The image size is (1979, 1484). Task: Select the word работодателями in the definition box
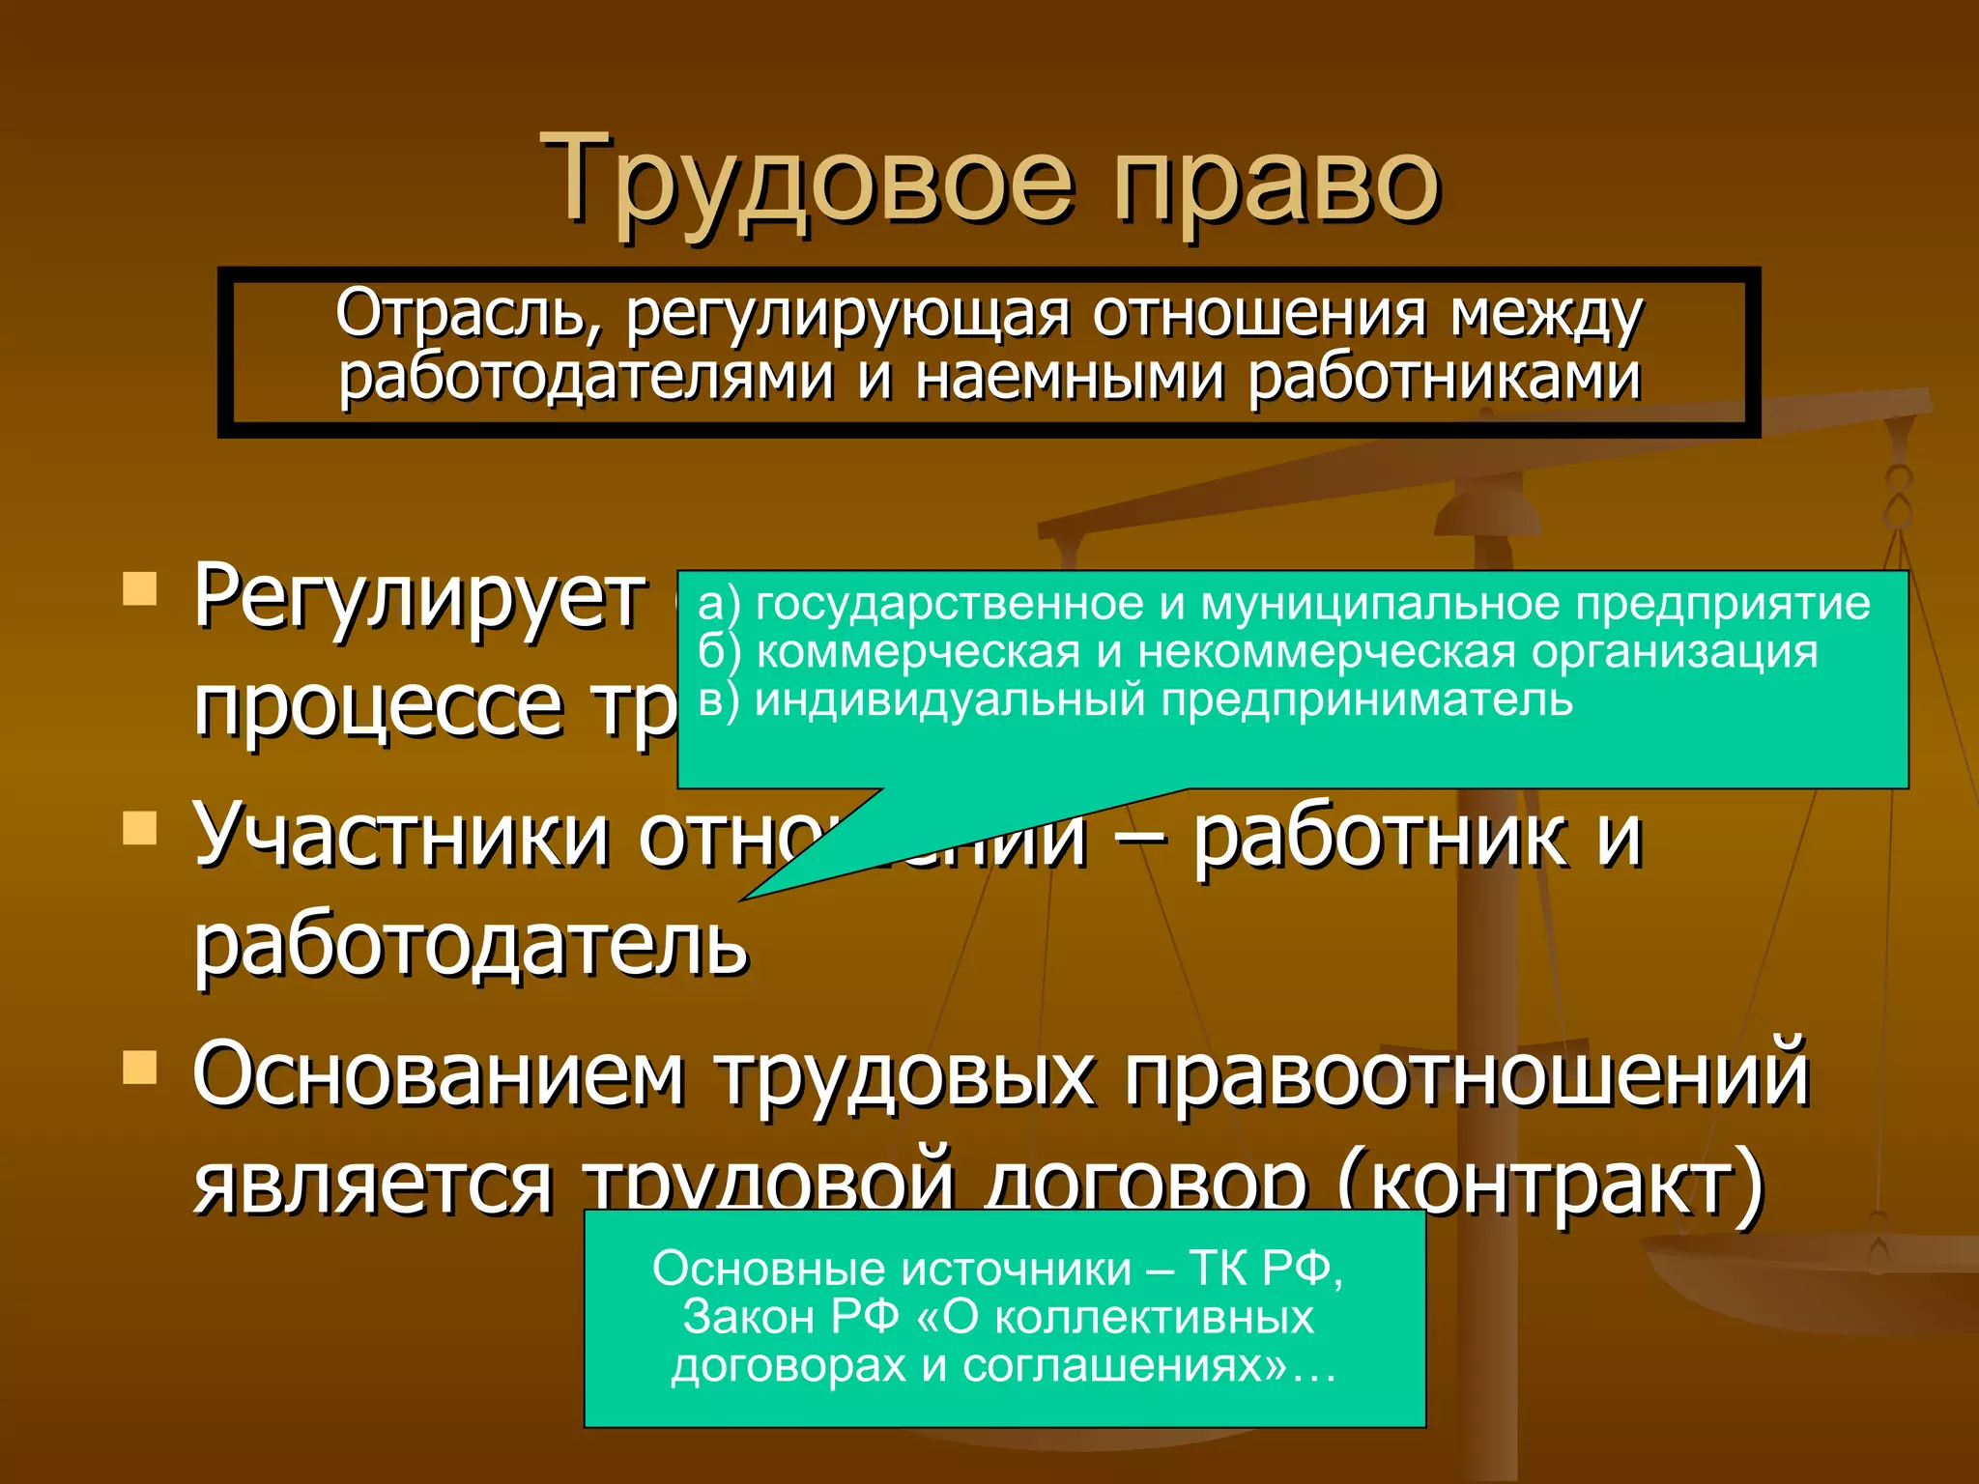click(x=586, y=377)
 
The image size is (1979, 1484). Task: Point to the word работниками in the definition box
click(x=1444, y=377)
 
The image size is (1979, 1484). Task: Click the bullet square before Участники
click(x=140, y=827)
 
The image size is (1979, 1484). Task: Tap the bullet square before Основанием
click(x=140, y=1067)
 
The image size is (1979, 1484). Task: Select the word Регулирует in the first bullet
click(x=418, y=597)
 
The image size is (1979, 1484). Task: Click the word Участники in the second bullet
click(x=401, y=835)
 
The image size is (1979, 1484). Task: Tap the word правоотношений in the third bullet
click(x=1466, y=1074)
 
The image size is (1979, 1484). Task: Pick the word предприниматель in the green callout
click(x=1366, y=699)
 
